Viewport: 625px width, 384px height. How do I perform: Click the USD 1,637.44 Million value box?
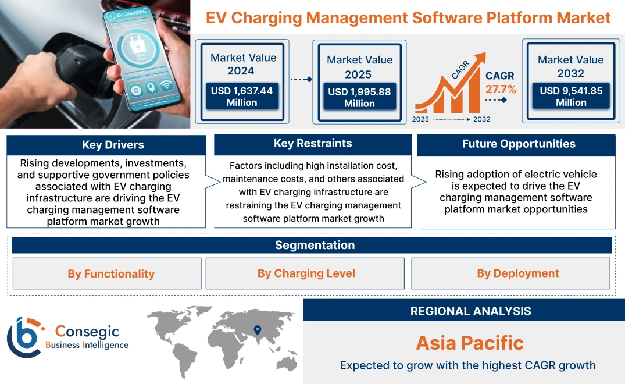pyautogui.click(x=241, y=97)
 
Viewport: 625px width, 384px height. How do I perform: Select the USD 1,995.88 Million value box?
pyautogui.click(x=359, y=97)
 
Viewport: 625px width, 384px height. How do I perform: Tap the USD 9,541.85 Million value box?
pyautogui.click(x=571, y=97)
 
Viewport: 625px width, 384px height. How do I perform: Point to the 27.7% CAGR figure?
pyautogui.click(x=500, y=89)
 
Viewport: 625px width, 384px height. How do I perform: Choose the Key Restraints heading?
pyautogui.click(x=313, y=144)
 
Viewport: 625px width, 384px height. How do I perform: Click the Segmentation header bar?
pyautogui.click(x=315, y=245)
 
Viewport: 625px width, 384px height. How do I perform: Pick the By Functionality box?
pyautogui.click(x=111, y=273)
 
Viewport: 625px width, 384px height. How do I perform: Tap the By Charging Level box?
pyautogui.click(x=306, y=273)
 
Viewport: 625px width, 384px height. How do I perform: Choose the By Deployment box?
pyautogui.click(x=518, y=273)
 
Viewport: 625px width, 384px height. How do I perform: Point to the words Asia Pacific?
pyautogui.click(x=470, y=343)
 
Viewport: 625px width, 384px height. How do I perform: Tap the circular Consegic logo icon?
pyautogui.click(x=24, y=337)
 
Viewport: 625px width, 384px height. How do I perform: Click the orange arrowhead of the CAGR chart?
pyautogui.click(x=480, y=58)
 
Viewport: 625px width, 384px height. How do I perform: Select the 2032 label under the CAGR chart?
pyautogui.click(x=481, y=119)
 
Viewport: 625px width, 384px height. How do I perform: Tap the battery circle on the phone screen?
pyautogui.click(x=140, y=56)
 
